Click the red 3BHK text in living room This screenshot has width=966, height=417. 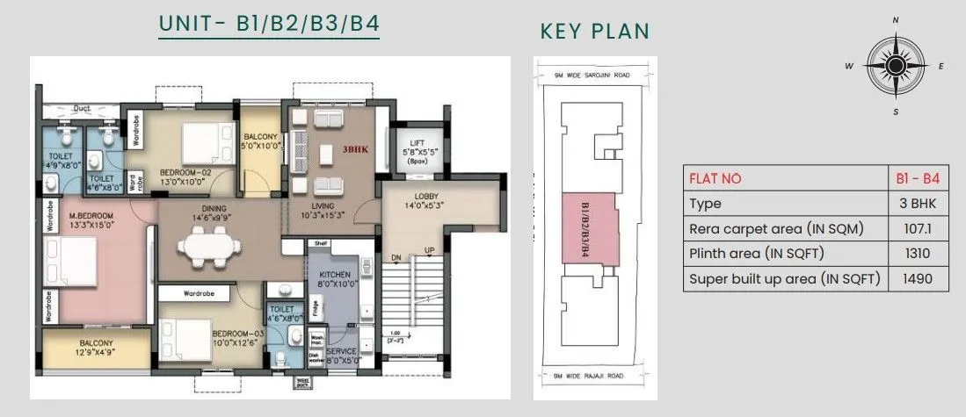click(x=355, y=150)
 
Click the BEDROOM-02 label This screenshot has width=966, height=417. click(x=185, y=173)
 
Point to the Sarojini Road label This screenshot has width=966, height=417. click(x=596, y=75)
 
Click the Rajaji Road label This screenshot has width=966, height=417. click(x=596, y=377)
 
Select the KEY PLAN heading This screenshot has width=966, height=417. click(x=595, y=32)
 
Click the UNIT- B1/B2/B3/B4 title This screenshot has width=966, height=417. click(x=269, y=24)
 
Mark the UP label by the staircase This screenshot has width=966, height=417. click(x=430, y=251)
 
